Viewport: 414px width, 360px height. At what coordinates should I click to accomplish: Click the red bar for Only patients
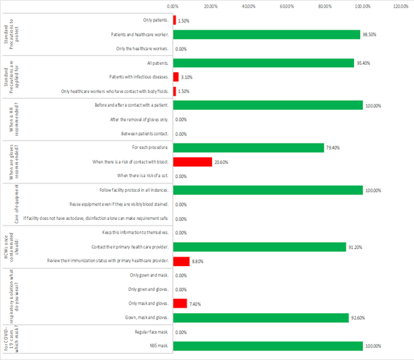[174, 20]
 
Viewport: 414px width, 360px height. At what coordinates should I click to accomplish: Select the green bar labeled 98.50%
[266, 34]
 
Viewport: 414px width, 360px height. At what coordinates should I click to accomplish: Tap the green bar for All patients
[263, 63]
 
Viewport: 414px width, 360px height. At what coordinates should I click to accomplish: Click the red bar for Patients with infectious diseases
[176, 77]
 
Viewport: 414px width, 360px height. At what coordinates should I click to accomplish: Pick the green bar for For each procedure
[248, 148]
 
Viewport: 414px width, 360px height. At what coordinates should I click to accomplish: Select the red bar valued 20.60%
[192, 162]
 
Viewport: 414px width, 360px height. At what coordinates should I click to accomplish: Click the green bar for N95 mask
[267, 346]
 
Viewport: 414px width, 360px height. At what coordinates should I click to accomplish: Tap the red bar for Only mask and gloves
[180, 303]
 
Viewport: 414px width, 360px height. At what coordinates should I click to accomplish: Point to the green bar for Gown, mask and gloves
[260, 317]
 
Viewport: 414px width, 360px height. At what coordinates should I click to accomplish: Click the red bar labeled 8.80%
[181, 261]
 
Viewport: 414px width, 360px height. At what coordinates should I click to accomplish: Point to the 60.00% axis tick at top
[287, 6]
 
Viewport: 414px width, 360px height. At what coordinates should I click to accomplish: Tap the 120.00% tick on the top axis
[400, 6]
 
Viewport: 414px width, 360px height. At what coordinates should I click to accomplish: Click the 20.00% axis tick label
[211, 6]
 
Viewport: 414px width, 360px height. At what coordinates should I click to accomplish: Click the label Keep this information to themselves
[135, 232]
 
